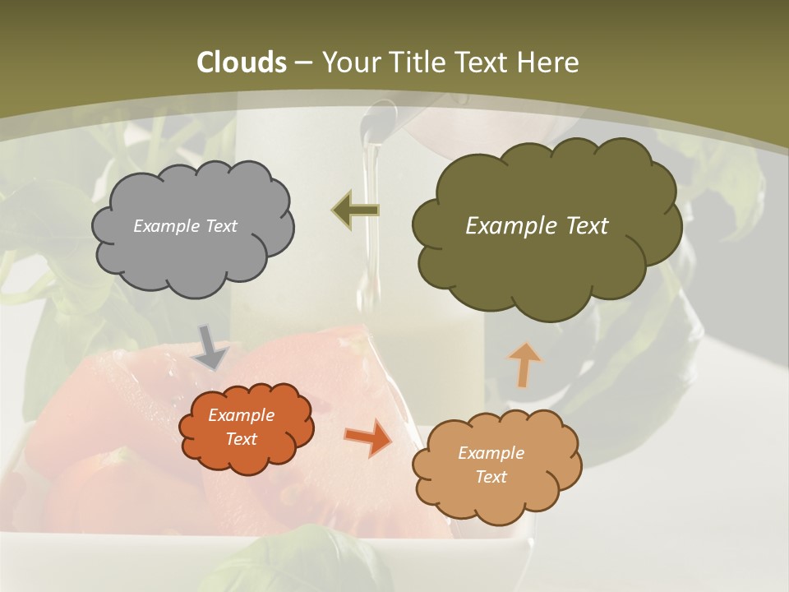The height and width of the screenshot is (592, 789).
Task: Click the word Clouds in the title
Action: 242,62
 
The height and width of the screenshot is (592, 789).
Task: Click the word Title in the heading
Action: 417,62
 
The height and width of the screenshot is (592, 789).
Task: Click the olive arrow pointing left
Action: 356,210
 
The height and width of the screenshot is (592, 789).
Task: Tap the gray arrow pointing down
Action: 212,346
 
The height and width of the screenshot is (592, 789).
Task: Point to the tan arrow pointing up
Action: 524,363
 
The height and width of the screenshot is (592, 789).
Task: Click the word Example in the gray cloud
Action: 165,226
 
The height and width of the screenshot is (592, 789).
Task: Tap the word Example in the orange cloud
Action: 241,415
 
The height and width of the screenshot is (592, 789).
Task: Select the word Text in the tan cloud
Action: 491,477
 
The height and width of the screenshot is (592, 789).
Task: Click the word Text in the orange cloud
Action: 241,439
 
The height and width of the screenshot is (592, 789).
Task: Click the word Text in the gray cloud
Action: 220,226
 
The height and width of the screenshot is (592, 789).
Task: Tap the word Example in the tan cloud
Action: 491,453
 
